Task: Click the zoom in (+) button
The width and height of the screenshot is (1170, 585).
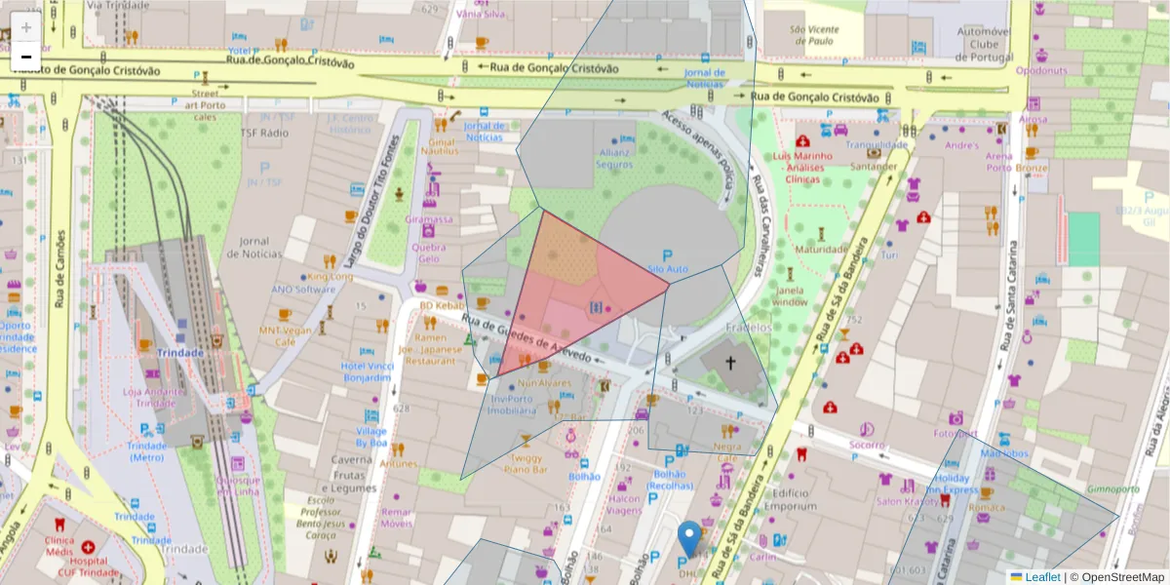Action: coord(26,27)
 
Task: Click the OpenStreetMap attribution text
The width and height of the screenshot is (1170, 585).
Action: coord(1120,577)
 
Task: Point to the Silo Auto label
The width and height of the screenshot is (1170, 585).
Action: coord(668,268)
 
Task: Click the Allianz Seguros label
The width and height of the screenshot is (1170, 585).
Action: coord(614,159)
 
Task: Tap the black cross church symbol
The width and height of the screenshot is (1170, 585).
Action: coord(730,364)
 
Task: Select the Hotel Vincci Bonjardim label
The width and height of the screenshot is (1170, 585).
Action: coord(366,371)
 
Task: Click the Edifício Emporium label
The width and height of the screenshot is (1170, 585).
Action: coord(790,500)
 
